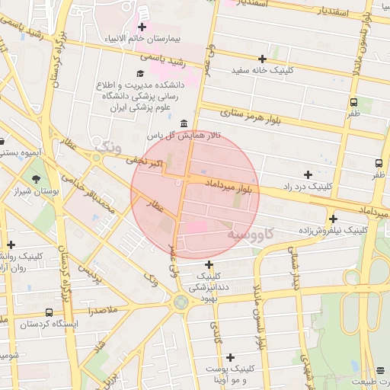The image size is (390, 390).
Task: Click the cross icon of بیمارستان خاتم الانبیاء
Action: [x=142, y=27]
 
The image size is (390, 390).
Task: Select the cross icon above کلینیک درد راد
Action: [x=308, y=174]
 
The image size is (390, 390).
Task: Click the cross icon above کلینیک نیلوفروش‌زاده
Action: [x=333, y=219]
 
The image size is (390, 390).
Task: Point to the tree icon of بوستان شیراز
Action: [x=37, y=178]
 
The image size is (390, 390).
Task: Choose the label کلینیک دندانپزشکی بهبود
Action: [x=213, y=286]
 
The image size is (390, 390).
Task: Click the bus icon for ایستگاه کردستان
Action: [x=50, y=312]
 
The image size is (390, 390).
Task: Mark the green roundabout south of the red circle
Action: [x=181, y=302]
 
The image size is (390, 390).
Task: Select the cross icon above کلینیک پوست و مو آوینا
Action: [x=230, y=356]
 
